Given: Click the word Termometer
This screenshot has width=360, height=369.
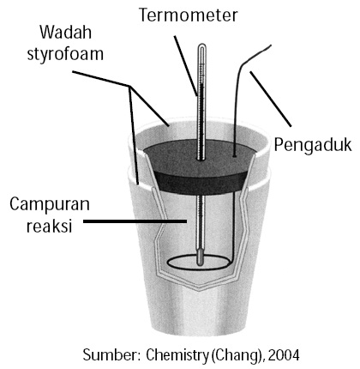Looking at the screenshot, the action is pyautogui.click(x=189, y=15).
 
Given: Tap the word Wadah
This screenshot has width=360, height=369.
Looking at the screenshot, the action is pyautogui.click(x=65, y=33).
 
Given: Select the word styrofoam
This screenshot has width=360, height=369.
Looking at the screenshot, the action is pyautogui.click(x=65, y=54).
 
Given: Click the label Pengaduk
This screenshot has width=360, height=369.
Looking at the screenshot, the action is pyautogui.click(x=313, y=145).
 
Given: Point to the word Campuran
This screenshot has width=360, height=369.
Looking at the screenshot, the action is pyautogui.click(x=50, y=204).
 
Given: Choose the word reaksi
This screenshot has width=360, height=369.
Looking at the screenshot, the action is pyautogui.click(x=49, y=226).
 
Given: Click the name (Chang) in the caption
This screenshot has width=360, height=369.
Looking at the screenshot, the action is pyautogui.click(x=237, y=355).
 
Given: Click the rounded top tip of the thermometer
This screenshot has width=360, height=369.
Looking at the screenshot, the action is pyautogui.click(x=201, y=45).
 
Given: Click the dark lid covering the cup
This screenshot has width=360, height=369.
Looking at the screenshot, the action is pyautogui.click(x=199, y=166).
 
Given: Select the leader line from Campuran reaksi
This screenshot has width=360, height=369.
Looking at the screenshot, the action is pyautogui.click(x=135, y=221).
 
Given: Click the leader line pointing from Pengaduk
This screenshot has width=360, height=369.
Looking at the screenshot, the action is pyautogui.click(x=271, y=99).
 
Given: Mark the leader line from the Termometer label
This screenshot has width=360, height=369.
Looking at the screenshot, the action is pyautogui.click(x=185, y=66).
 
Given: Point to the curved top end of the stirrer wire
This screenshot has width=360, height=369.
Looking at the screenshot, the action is pyautogui.click(x=270, y=45).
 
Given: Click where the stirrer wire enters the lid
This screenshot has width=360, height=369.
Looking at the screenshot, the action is pyautogui.click(x=234, y=156).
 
